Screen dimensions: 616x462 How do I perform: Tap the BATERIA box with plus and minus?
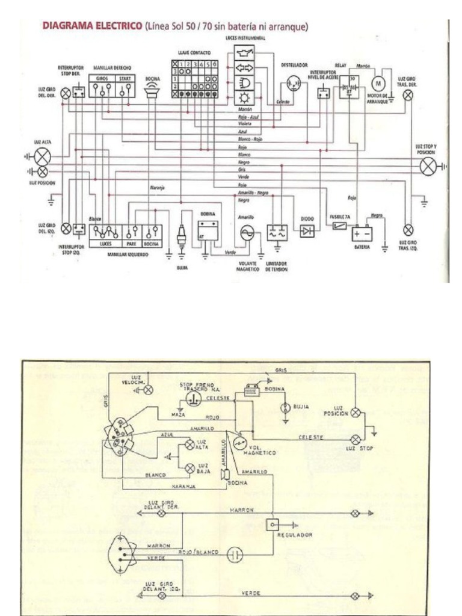(362, 233)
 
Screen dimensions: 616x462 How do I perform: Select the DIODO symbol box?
(307, 231)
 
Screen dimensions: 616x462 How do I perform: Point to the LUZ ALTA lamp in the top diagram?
(42, 157)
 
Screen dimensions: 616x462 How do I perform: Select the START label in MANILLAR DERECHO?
(125, 78)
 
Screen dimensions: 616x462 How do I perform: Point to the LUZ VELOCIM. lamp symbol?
(147, 389)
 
